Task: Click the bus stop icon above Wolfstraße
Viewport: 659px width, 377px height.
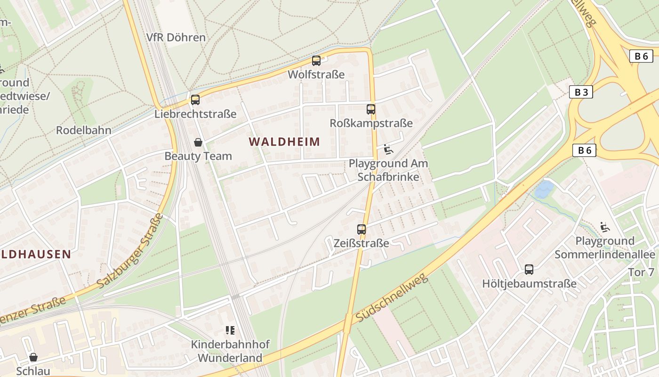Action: tap(316, 61)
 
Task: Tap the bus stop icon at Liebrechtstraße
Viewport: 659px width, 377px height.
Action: tap(195, 100)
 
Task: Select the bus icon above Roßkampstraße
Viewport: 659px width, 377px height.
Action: tap(371, 109)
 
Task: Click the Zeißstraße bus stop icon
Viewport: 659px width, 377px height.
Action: tap(362, 229)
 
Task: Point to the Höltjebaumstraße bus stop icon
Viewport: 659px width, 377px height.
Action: tap(529, 270)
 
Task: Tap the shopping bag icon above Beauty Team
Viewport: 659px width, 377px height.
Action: tap(198, 142)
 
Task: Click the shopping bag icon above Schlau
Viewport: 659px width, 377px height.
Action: tap(33, 357)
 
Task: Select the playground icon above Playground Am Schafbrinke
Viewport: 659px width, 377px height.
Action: tap(388, 149)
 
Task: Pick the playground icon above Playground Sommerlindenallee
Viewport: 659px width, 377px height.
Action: tap(605, 227)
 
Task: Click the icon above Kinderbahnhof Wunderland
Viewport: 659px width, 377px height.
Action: tap(230, 330)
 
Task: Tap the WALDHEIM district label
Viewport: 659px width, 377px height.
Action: tap(284, 141)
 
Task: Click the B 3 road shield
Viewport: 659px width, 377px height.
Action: tap(581, 92)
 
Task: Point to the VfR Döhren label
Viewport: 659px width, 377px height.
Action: tap(176, 37)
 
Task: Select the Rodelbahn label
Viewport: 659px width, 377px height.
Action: tap(84, 130)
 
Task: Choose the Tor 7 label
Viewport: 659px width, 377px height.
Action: tap(641, 272)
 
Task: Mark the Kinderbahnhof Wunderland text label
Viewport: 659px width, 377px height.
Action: tap(230, 351)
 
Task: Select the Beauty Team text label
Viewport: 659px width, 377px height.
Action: tap(198, 156)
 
